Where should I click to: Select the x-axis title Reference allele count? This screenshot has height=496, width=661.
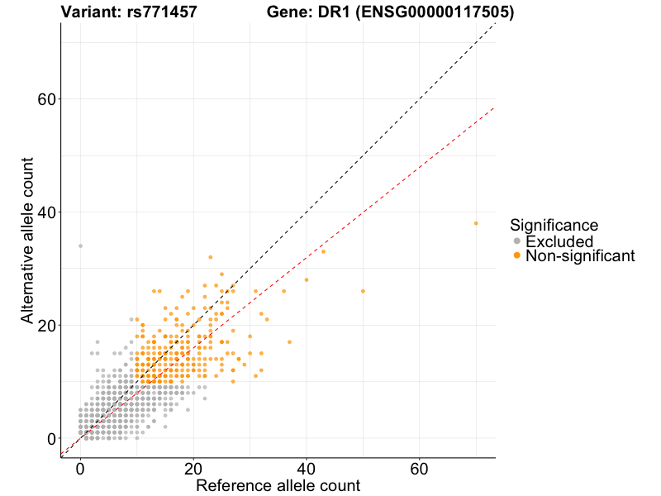click(278, 485)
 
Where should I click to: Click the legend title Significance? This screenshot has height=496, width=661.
click(554, 225)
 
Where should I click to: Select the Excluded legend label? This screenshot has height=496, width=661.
click(559, 241)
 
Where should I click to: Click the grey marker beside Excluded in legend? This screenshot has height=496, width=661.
click(517, 241)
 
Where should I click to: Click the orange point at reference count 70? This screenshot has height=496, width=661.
click(476, 223)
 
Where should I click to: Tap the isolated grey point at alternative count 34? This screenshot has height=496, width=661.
click(80, 246)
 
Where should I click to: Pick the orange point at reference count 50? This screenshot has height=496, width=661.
click(363, 291)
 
